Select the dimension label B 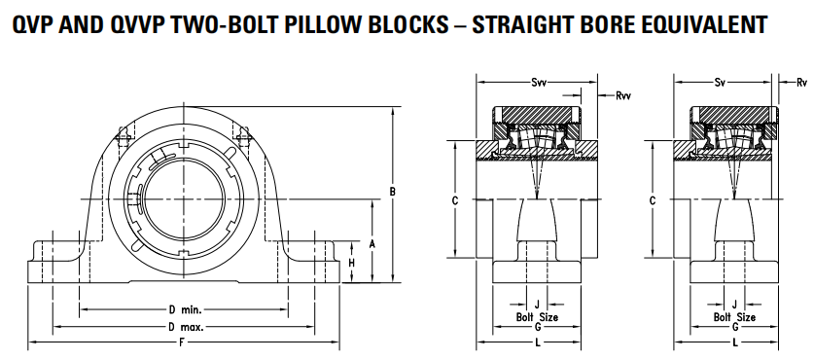click(x=393, y=192)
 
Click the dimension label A click(x=372, y=243)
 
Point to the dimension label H click(x=351, y=263)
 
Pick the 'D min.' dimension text click(x=185, y=310)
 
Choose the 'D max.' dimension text click(x=186, y=327)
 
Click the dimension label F click(x=181, y=342)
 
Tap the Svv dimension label click(x=538, y=82)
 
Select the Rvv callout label click(x=623, y=95)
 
